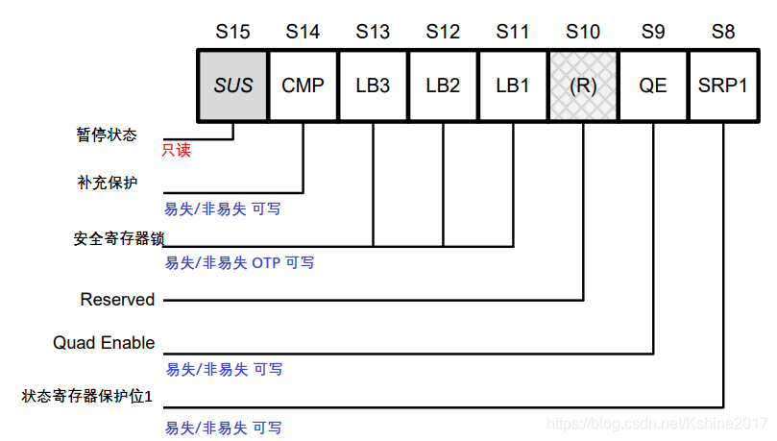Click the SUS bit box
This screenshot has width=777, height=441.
(x=233, y=86)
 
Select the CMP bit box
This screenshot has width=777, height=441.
(x=304, y=86)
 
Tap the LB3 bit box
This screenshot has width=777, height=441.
(x=373, y=86)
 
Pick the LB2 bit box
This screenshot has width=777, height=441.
(x=443, y=86)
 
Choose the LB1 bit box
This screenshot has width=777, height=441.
(x=513, y=86)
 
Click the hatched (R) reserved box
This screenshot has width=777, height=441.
(x=583, y=86)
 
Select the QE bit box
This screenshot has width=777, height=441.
(x=653, y=86)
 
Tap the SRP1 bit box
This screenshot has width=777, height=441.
(x=723, y=86)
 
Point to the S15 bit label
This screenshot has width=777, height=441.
(x=233, y=32)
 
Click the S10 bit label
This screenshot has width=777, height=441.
(x=583, y=32)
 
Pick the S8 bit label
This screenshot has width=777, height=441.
(x=723, y=32)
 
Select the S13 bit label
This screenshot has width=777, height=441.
(x=373, y=32)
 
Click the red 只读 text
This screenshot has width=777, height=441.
(x=176, y=151)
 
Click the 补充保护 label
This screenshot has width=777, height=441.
(x=107, y=182)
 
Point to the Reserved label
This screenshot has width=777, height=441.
(x=117, y=300)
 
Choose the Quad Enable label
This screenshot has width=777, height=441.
(x=104, y=343)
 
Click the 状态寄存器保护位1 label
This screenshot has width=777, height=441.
(x=87, y=395)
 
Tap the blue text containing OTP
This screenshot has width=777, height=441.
(x=239, y=262)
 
